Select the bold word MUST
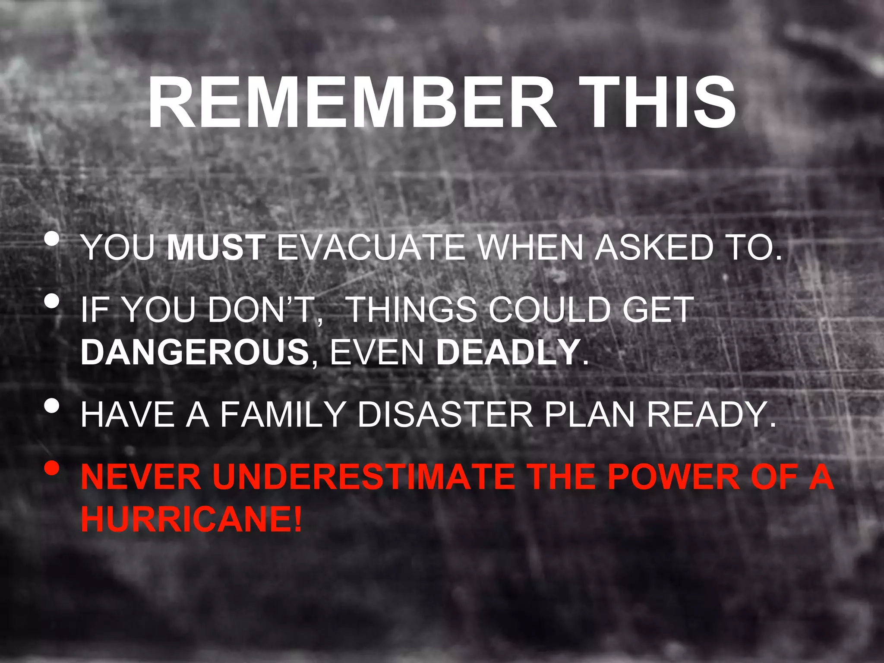point(216,248)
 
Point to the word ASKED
point(654,248)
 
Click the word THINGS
point(412,310)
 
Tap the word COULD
point(548,310)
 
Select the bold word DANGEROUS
point(195,352)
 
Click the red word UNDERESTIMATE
point(363,477)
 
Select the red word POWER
point(673,477)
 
